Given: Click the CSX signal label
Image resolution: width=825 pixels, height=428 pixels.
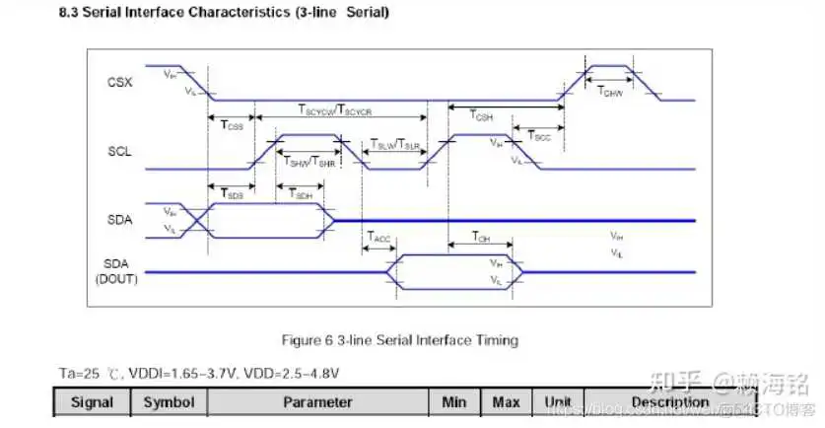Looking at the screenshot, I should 119,81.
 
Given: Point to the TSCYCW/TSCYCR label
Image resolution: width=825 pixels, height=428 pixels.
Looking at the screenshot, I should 334,111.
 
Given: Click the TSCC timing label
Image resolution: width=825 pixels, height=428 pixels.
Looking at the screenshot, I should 538,135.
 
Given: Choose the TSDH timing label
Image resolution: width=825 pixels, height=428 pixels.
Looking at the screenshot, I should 303,195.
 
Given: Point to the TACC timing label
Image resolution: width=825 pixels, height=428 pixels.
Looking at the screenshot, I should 379,237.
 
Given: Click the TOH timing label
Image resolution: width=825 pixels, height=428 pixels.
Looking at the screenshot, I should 480,237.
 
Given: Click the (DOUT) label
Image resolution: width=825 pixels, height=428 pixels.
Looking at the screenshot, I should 116,279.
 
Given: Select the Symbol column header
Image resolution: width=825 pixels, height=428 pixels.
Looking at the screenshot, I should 170,402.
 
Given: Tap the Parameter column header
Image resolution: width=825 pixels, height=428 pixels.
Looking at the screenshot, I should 317,402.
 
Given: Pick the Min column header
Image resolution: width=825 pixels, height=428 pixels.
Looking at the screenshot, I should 454,402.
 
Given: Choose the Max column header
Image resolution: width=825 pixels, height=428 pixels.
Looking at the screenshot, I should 506,402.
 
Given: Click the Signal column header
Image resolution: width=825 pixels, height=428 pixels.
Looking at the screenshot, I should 92,402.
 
